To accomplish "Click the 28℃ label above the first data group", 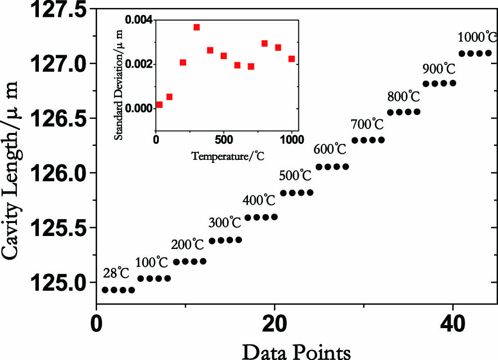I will (116, 273).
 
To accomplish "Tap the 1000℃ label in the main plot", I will (477, 37).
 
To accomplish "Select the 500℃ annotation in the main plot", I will (296, 176).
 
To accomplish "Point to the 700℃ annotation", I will (367, 123).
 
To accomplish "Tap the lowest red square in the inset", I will (159, 105).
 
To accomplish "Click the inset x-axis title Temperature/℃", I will (227, 155).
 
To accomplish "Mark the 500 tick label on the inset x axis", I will (224, 139).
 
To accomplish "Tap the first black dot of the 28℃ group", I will (105, 290).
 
